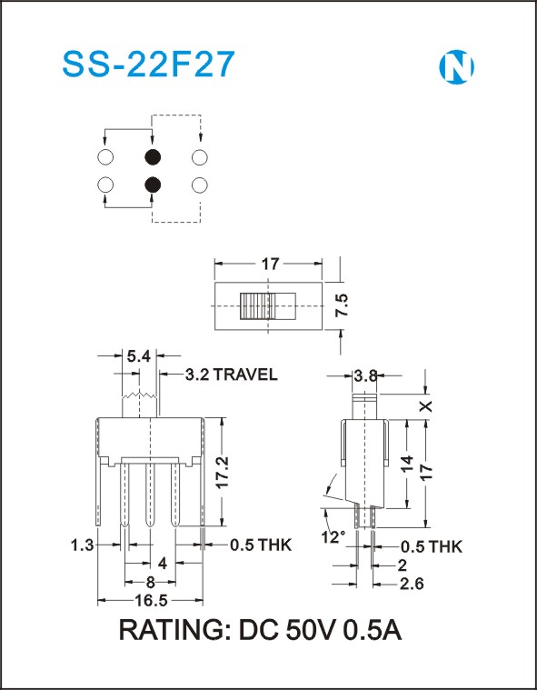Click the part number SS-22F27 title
click(x=148, y=65)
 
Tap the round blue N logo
click(x=456, y=67)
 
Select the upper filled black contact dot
click(x=152, y=156)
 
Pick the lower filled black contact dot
click(x=152, y=185)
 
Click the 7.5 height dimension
click(x=343, y=304)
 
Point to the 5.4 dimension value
click(x=139, y=356)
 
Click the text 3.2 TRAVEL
click(x=232, y=375)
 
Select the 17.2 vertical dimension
click(x=223, y=471)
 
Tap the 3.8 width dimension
click(x=365, y=375)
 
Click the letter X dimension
click(x=425, y=406)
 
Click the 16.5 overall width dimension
click(x=152, y=601)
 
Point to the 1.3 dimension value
click(x=83, y=545)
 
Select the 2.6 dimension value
click(x=412, y=584)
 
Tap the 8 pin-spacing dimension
click(x=151, y=583)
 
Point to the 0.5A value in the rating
click(x=372, y=631)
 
